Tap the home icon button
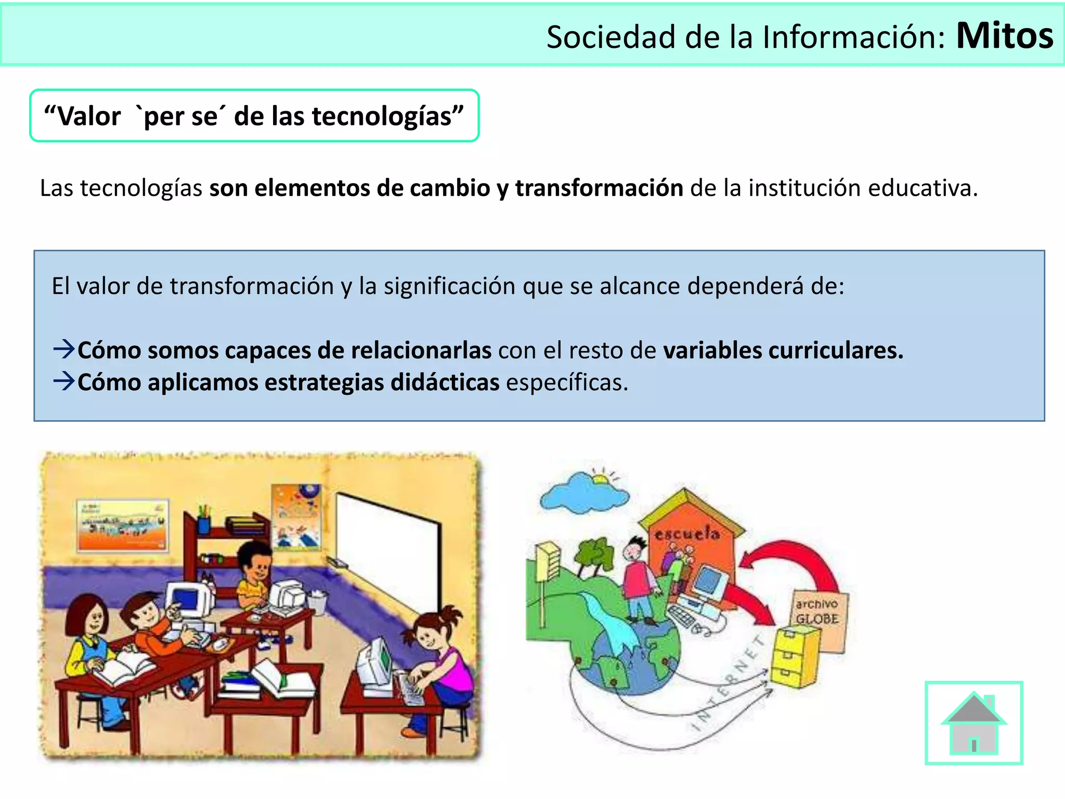tap(973, 723)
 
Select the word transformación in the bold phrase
tap(599, 188)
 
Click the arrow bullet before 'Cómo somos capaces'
tap(64, 349)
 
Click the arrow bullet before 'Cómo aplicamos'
tap(64, 381)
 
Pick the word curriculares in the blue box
tap(835, 350)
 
